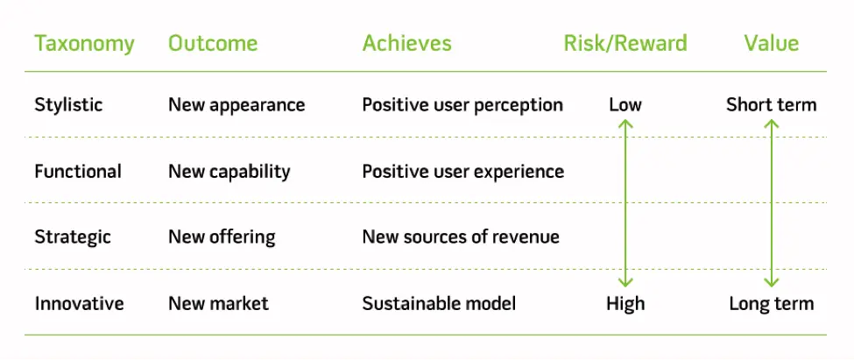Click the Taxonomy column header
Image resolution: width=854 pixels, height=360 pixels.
click(x=84, y=44)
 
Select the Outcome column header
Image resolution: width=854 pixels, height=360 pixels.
click(x=213, y=44)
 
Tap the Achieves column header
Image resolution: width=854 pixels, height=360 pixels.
click(x=407, y=44)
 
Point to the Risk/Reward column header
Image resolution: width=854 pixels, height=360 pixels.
click(x=625, y=44)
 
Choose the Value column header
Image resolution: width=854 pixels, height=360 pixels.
click(x=772, y=44)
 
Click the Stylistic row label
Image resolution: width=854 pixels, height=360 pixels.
click(x=68, y=105)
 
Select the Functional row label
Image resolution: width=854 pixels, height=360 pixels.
click(x=78, y=172)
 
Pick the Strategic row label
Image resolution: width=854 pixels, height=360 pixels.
click(x=72, y=237)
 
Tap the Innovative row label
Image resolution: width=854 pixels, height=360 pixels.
click(x=79, y=304)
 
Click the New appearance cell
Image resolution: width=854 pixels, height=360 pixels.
click(x=236, y=105)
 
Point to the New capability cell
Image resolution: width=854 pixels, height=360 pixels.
click(x=229, y=172)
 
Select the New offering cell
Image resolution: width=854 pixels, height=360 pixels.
click(x=222, y=237)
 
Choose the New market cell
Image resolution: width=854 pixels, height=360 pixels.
click(x=218, y=304)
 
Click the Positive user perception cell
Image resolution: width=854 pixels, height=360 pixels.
click(x=462, y=105)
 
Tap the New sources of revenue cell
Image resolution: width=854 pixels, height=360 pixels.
click(x=461, y=237)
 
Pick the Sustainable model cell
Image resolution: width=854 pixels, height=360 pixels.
click(x=439, y=304)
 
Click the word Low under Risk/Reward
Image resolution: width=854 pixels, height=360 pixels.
click(x=625, y=105)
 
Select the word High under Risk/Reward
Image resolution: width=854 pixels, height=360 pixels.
click(x=625, y=304)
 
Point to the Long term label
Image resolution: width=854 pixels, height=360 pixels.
click(x=772, y=304)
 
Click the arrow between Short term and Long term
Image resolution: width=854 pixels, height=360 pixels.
click(x=772, y=203)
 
